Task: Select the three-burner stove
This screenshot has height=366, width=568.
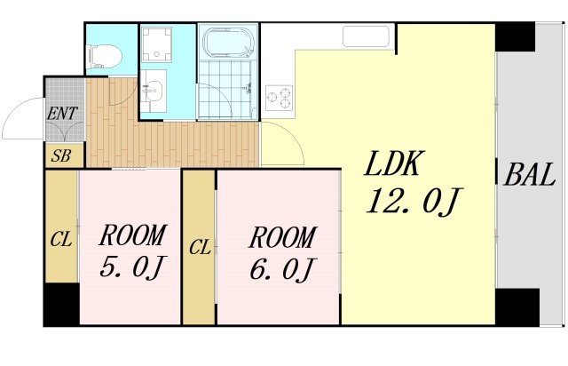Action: [x=280, y=96]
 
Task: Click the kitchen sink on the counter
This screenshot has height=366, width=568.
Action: [x=367, y=36]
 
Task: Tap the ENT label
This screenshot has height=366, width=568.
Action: [x=62, y=114]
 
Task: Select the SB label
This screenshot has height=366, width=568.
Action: [x=61, y=156]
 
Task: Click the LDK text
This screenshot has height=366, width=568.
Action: [x=395, y=166]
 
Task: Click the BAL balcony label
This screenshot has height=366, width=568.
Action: [x=530, y=174]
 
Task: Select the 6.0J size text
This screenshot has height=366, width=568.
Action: [x=282, y=267]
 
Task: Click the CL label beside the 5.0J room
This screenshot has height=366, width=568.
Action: [x=60, y=239]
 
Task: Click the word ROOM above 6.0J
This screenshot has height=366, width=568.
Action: [x=281, y=238]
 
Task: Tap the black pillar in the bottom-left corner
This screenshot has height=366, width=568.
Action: [x=61, y=306]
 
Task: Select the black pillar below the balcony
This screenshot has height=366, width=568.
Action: [x=517, y=307]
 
